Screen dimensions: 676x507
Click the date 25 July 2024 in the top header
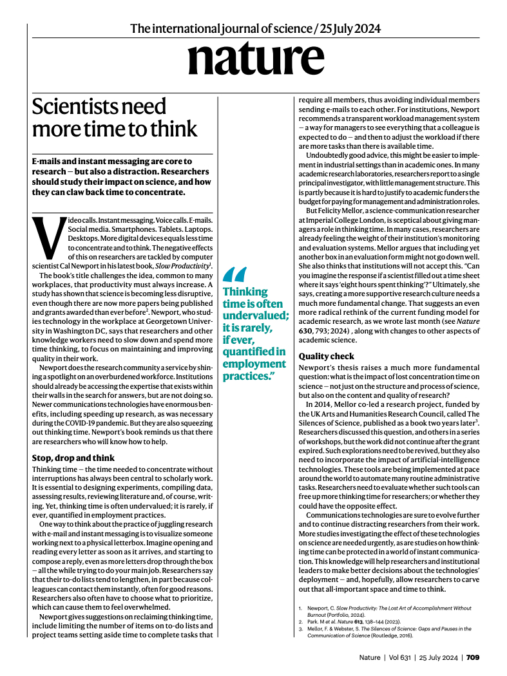tap(350, 28)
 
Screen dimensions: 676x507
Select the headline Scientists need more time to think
tap(115, 117)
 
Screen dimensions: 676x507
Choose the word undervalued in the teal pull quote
tap(255, 315)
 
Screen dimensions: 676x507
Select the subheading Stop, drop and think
tap(73, 458)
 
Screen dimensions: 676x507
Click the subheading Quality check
tap(326, 355)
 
